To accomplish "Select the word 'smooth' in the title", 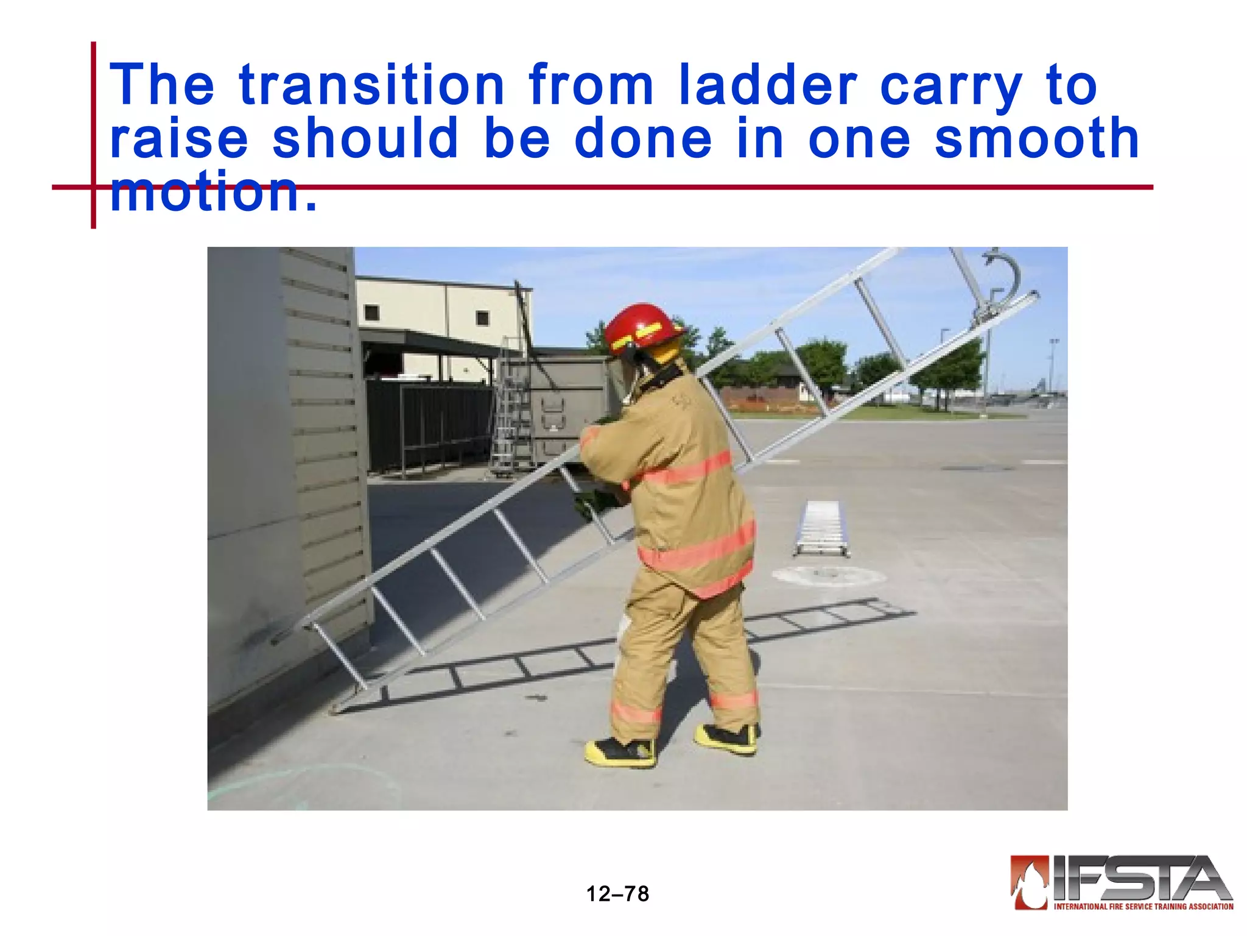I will [x=1036, y=139].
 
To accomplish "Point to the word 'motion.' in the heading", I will [x=213, y=193].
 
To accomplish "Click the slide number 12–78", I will [x=617, y=894].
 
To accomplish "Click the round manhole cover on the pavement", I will [x=828, y=575].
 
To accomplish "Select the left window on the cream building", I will [x=371, y=313].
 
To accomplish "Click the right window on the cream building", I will [x=482, y=318].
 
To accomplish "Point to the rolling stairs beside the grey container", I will [x=511, y=414].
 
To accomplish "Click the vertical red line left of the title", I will [x=94, y=134].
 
